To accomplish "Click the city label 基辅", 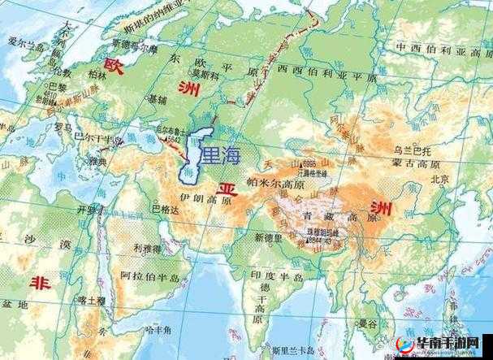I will coord(157,98).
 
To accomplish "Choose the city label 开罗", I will coord(86,210).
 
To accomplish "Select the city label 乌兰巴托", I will coord(409,150).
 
